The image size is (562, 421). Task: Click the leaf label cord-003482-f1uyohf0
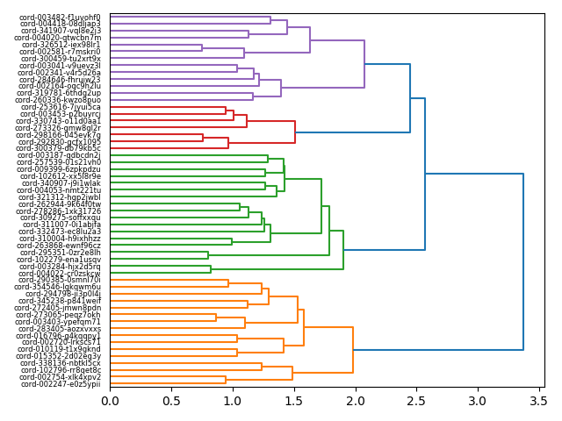coord(61,17)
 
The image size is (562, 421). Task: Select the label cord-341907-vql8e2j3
coord(61,31)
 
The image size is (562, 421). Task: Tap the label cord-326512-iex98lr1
coord(61,45)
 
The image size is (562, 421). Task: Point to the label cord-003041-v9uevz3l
coord(61,66)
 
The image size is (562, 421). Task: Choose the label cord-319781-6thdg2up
coord(61,93)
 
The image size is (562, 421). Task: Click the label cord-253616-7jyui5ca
coord(61,107)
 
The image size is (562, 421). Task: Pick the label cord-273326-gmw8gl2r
coord(61,128)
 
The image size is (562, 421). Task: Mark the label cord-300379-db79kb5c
coord(61,148)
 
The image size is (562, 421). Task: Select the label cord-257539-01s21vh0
coord(61,162)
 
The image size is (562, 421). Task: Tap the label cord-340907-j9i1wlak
coord(61,183)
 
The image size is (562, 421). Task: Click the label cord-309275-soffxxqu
coord(61,218)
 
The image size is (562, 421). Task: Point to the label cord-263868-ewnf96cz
coord(61,246)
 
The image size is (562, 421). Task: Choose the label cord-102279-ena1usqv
coord(61,260)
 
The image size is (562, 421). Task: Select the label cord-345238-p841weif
coord(61,301)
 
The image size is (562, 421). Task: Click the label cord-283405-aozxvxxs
coord(61,329)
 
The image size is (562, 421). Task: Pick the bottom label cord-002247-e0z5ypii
coord(61,384)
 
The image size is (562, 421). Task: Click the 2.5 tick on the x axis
coord(415,401)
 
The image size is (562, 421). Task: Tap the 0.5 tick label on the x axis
coord(171,401)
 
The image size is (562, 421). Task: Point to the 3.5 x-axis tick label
coord(537,401)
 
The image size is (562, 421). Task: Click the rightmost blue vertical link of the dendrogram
coord(523,262)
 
